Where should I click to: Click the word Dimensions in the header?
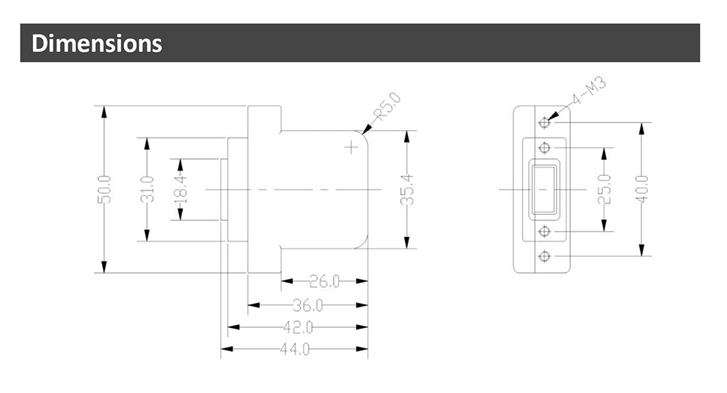click(96, 43)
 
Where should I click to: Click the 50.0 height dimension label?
click(104, 189)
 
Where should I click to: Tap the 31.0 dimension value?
click(147, 189)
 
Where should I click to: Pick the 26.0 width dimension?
click(324, 281)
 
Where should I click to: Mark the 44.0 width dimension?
click(295, 349)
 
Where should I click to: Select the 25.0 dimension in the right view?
click(604, 189)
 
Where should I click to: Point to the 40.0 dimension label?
click(642, 189)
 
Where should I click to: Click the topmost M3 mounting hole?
click(545, 122)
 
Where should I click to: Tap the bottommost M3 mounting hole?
click(545, 255)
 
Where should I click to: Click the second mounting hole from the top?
click(545, 148)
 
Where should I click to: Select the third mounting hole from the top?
click(545, 230)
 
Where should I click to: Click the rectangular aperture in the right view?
click(545, 189)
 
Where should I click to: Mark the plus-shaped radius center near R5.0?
click(351, 147)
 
